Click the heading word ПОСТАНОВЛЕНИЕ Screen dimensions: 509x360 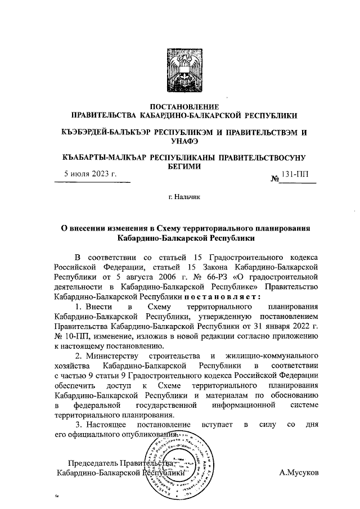click(180, 106)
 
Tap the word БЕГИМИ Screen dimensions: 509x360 click(180, 166)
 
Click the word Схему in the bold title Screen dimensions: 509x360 click(173, 228)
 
